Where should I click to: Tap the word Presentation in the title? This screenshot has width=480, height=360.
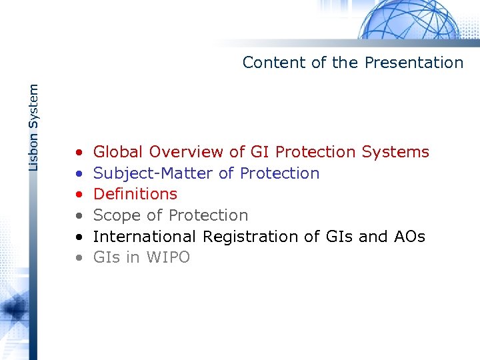tap(413, 63)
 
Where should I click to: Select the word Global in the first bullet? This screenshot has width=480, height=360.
tap(119, 152)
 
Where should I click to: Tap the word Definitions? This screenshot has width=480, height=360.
tap(135, 194)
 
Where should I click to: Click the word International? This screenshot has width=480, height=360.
tap(145, 237)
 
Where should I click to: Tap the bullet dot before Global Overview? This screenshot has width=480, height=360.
tap(79, 153)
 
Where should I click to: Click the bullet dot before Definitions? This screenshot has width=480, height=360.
tap(79, 195)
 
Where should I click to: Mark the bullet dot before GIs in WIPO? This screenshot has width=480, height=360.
tap(79, 258)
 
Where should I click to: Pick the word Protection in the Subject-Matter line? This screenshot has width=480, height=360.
tap(279, 173)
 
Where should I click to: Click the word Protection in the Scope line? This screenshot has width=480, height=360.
tap(208, 215)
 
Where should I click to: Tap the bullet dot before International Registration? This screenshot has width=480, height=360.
tap(79, 237)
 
